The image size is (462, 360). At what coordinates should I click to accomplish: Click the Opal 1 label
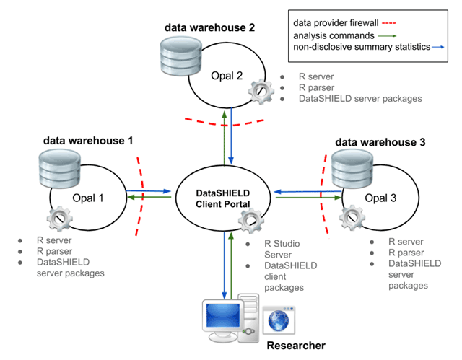[x=88, y=198]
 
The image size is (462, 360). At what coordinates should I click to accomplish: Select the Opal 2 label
[x=227, y=76]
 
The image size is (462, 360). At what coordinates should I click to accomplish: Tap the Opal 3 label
[x=380, y=198]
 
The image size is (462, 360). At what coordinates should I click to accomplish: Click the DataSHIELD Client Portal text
[x=223, y=198]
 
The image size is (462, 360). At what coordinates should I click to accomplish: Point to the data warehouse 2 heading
[x=209, y=27]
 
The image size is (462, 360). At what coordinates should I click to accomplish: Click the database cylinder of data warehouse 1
[x=60, y=168]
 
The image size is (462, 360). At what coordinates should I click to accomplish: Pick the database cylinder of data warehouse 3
[x=352, y=168]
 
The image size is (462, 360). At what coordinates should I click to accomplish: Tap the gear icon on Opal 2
[x=261, y=92]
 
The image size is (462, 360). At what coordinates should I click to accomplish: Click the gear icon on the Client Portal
[x=250, y=221]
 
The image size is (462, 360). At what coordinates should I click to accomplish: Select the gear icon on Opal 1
[x=59, y=219]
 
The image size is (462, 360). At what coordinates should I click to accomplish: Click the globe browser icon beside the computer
[x=279, y=320]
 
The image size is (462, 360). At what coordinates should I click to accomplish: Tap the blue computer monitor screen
[x=223, y=315]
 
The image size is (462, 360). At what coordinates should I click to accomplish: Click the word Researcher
[x=296, y=346]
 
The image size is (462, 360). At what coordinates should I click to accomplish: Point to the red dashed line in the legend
[x=388, y=23]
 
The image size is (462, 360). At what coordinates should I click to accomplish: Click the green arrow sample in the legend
[x=387, y=36]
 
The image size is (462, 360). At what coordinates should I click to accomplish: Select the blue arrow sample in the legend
[x=438, y=47]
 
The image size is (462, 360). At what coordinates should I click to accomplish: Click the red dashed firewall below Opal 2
[x=225, y=124]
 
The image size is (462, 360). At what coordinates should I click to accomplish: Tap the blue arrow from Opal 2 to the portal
[x=231, y=136]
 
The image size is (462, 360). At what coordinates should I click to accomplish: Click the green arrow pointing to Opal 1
[x=149, y=197]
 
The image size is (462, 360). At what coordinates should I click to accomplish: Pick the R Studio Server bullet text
[x=282, y=249]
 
